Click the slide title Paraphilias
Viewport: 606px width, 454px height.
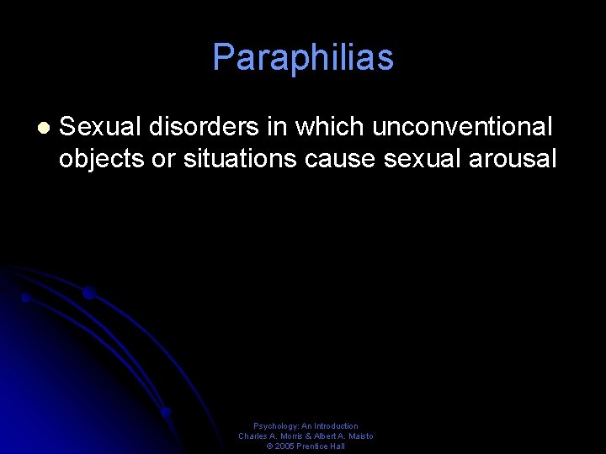(x=303, y=58)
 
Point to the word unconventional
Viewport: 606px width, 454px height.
(x=462, y=127)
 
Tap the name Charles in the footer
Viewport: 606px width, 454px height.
(x=253, y=436)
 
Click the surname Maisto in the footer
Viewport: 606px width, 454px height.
(x=360, y=436)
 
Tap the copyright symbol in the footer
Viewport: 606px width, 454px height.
(x=269, y=446)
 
